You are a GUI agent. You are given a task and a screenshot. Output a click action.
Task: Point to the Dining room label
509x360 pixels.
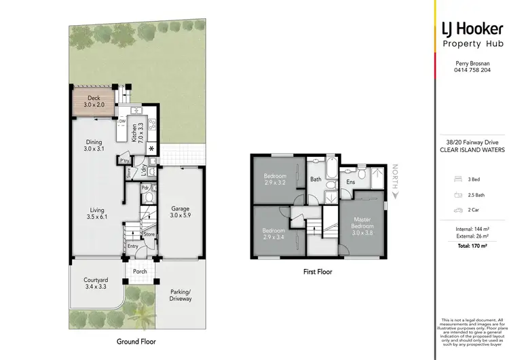(93, 145)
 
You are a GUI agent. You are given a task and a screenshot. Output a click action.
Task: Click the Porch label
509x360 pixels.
(140, 272)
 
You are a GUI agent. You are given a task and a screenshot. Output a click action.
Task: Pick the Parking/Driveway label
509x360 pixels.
(181, 295)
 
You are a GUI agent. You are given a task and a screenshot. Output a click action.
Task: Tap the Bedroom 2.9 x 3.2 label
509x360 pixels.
(276, 179)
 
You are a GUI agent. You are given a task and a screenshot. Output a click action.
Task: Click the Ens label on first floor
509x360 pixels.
(350, 182)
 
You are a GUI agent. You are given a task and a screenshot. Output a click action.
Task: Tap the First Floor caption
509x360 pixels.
(318, 272)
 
